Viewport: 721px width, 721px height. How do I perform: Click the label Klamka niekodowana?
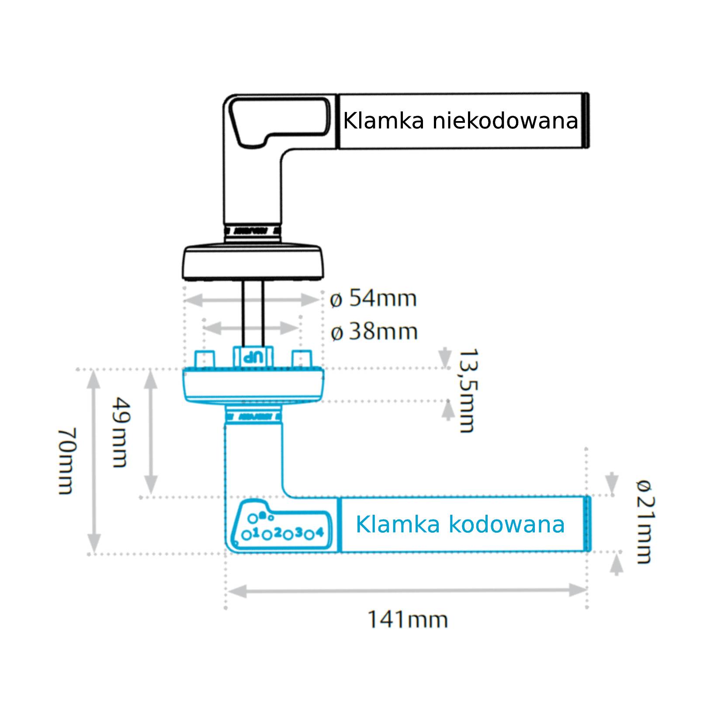(x=460, y=121)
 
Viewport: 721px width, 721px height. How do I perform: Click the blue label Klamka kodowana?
(x=460, y=524)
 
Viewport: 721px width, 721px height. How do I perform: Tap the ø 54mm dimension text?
(x=374, y=299)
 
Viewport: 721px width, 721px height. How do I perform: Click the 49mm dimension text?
(x=119, y=432)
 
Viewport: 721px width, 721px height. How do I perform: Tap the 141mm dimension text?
(x=407, y=620)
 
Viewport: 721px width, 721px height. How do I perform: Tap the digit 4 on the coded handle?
(x=320, y=532)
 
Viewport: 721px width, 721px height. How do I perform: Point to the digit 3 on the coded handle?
(x=299, y=532)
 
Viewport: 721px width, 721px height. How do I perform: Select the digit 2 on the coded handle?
(x=277, y=532)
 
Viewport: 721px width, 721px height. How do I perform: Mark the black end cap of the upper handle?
(x=587, y=121)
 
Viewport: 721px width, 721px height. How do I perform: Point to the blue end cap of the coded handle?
(x=588, y=524)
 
